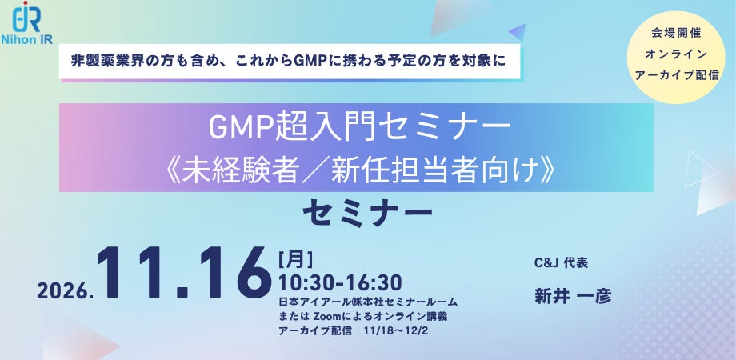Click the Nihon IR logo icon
tap(26, 17)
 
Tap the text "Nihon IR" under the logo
tap(26, 40)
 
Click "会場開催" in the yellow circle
tap(676, 34)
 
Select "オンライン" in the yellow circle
tap(676, 54)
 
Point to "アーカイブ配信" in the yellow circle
tap(676, 75)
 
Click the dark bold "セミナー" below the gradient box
tap(367, 214)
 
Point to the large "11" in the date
tap(138, 273)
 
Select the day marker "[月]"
tap(295, 259)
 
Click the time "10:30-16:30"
tap(340, 283)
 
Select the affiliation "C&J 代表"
tap(561, 263)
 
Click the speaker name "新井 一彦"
tap(573, 297)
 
